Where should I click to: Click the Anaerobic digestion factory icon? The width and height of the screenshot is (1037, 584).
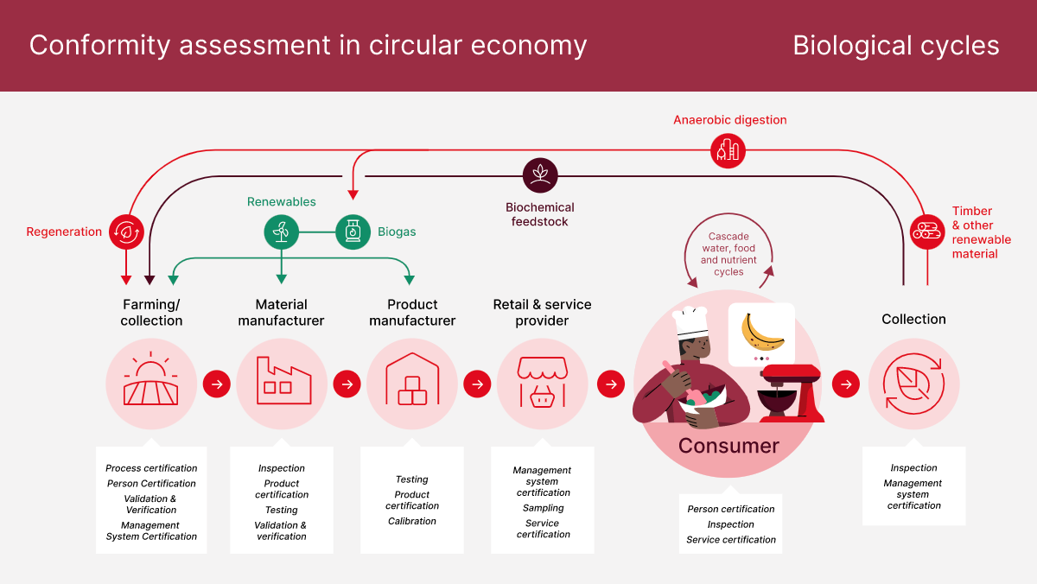pyautogui.click(x=728, y=150)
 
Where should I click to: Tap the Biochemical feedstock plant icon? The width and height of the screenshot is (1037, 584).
pyautogui.click(x=540, y=175)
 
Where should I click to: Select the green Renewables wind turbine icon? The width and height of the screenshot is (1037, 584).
pyautogui.click(x=281, y=232)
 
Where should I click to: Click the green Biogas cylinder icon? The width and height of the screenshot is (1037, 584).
pyautogui.click(x=353, y=232)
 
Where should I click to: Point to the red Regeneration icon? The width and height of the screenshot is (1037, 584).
pyautogui.click(x=127, y=232)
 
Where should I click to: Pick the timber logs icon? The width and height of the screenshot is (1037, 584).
pyautogui.click(x=927, y=232)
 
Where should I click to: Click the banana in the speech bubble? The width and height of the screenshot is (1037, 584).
pyautogui.click(x=762, y=331)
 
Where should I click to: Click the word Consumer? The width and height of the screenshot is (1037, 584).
pyautogui.click(x=728, y=446)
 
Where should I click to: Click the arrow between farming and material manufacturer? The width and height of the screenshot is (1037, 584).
pyautogui.click(x=217, y=384)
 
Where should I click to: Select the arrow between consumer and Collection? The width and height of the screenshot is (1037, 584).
pyautogui.click(x=846, y=384)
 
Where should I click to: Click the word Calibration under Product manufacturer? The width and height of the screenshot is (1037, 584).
pyautogui.click(x=412, y=521)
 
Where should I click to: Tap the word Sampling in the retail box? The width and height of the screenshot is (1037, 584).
pyautogui.click(x=543, y=508)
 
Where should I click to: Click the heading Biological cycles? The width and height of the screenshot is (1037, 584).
pyautogui.click(x=896, y=46)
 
